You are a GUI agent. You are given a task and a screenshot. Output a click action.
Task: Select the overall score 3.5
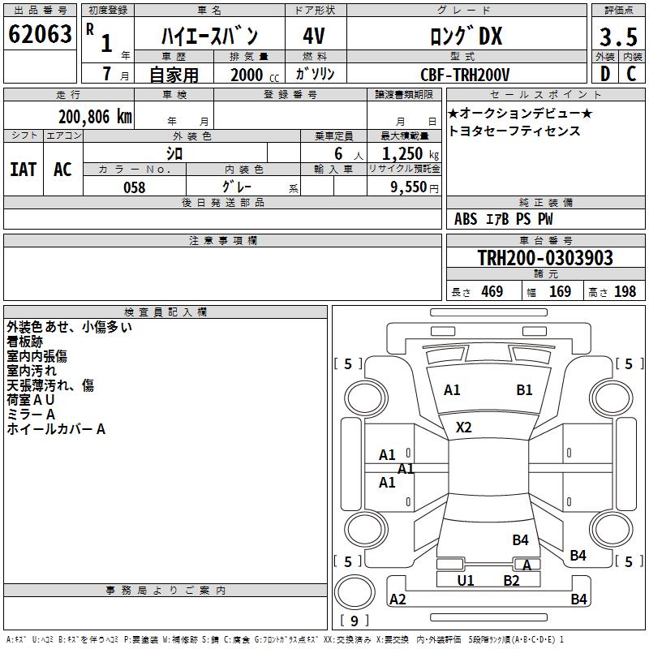coord(618,37)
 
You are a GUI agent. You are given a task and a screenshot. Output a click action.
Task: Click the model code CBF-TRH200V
coord(465,75)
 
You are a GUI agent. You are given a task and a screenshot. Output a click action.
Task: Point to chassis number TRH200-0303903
coord(545,258)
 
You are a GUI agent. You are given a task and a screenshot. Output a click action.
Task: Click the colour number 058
coord(134,187)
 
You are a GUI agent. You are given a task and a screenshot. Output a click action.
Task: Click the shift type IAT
coord(23,170)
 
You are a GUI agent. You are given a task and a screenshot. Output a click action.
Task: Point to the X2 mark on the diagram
coord(464,427)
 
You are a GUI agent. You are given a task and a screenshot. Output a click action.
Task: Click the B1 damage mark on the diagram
coord(525,389)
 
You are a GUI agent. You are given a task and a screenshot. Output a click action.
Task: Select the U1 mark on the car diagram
coord(466,580)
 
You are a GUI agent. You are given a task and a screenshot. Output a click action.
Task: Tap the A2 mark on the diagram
coord(398,600)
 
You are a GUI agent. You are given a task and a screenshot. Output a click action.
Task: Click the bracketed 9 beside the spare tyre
coord(354,621)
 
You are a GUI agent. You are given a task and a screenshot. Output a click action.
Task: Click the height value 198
coord(625,292)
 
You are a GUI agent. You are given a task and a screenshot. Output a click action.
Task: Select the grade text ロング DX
coord(466,37)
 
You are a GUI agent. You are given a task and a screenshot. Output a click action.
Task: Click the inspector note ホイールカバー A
coord(56,429)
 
